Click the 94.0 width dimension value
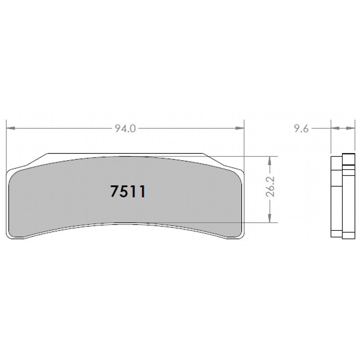click(125, 129)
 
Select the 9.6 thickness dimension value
click(301, 129)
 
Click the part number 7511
click(127, 192)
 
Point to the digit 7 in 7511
click(115, 192)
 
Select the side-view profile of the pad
click(342, 196)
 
